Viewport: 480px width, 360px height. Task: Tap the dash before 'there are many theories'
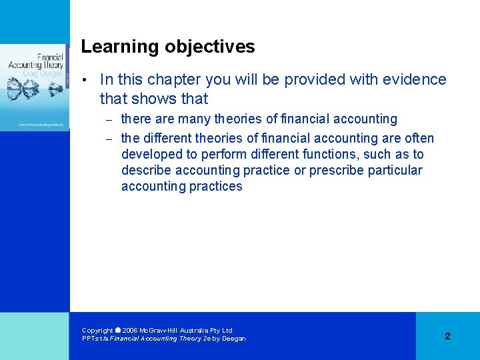110,120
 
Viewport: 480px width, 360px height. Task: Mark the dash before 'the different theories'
110,139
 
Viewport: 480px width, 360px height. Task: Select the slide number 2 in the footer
447,336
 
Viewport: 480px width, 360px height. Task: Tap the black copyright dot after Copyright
118,330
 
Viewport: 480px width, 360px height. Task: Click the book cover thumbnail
35,87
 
